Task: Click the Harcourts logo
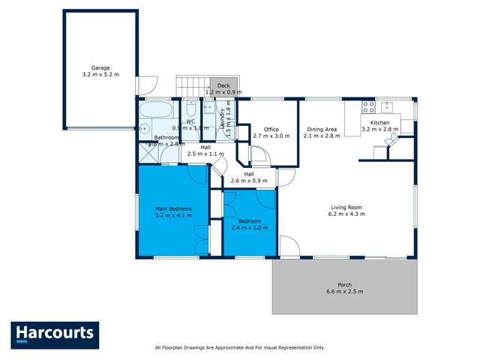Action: (x=54, y=334)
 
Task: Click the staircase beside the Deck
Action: (x=193, y=86)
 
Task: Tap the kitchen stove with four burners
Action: (x=368, y=106)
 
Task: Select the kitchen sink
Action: (x=388, y=106)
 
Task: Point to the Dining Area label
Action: (x=320, y=129)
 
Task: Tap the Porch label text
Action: (x=345, y=285)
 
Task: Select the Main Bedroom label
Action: (x=173, y=208)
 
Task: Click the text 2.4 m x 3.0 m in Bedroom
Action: (x=250, y=229)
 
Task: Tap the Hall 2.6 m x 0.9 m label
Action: (x=249, y=181)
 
